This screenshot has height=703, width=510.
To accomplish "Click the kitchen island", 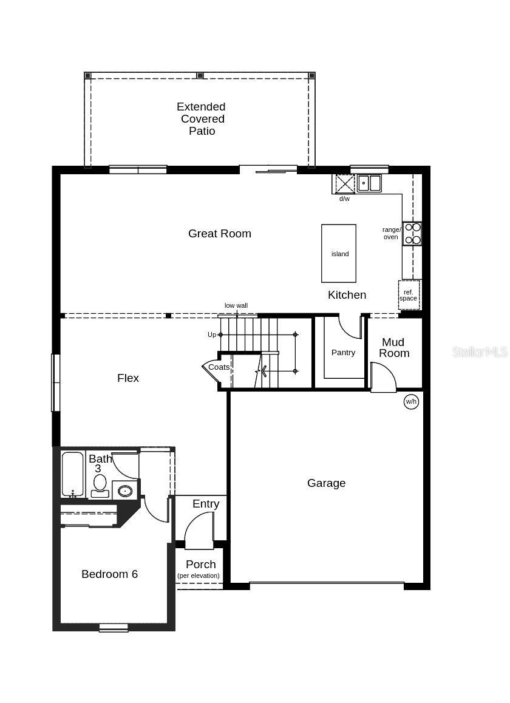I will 339,253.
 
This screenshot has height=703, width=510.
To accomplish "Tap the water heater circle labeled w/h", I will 411,401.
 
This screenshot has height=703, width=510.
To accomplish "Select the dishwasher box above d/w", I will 345,183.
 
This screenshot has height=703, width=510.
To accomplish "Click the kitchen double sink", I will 369,183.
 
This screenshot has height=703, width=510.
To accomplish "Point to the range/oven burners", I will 413,234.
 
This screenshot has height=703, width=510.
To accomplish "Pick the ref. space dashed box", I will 409,295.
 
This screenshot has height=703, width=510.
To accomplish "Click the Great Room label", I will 219,234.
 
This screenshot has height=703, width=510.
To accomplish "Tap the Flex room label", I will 128,378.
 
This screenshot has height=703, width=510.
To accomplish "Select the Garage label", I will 326,483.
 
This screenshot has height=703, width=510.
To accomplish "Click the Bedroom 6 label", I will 109,574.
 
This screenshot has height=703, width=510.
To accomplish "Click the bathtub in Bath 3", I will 72,474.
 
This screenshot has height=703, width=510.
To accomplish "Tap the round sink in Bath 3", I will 125,490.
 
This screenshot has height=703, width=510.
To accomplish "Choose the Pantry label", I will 343,353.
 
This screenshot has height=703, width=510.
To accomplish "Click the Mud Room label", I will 393,348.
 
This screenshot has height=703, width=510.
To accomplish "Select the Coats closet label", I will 219,367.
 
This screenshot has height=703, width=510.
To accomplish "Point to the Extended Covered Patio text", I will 201,119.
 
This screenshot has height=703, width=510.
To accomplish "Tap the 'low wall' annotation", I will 236,306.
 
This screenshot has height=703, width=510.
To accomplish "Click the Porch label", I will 200,565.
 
